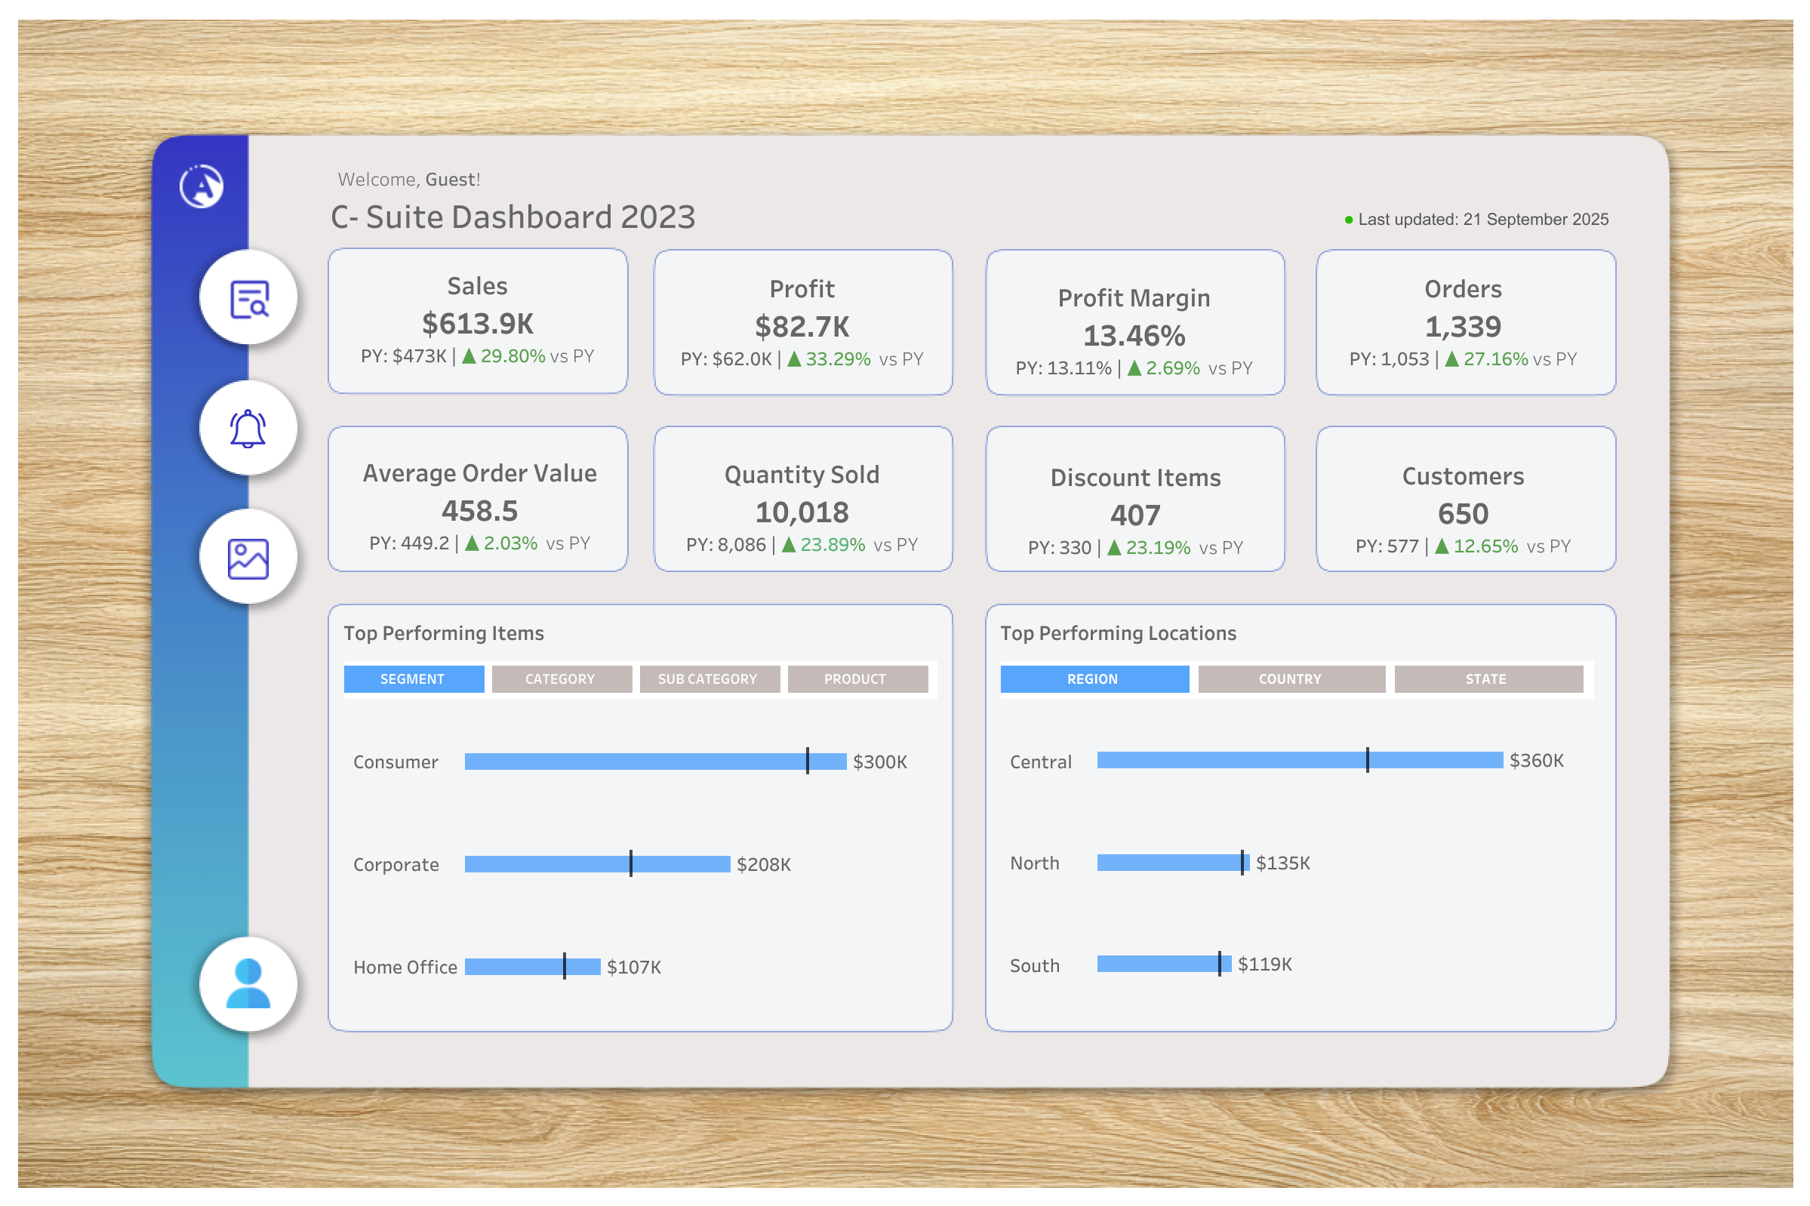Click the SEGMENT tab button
click(x=413, y=678)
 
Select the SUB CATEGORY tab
click(x=709, y=678)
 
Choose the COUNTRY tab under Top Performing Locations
click(x=1290, y=678)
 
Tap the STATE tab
click(x=1487, y=678)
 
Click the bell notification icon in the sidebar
click(x=248, y=428)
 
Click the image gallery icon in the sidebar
click(x=248, y=558)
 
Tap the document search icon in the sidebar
click(x=248, y=298)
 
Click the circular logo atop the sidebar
click(x=202, y=186)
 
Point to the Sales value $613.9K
click(x=477, y=324)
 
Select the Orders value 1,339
click(x=1462, y=327)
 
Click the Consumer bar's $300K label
click(x=879, y=761)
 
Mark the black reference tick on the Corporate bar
click(x=631, y=863)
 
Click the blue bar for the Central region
click(x=1231, y=760)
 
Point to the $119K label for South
click(x=1264, y=964)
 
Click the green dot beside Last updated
click(x=1348, y=220)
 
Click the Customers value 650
click(x=1462, y=514)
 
